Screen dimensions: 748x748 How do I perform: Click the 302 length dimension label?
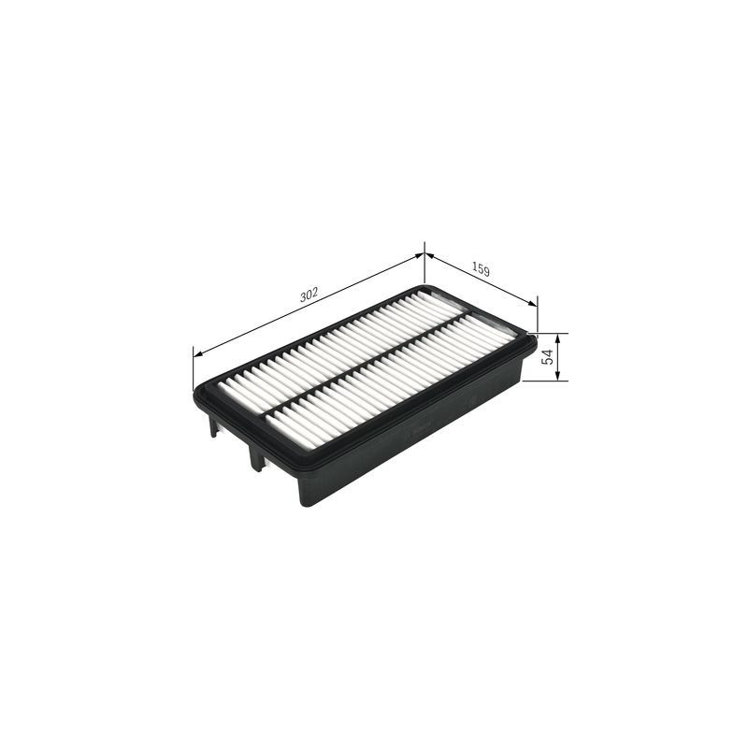point(309,294)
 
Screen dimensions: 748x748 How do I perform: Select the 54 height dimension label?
point(549,356)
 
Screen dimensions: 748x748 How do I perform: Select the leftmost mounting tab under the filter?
point(214,426)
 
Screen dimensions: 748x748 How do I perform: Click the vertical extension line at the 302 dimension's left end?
point(194,369)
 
